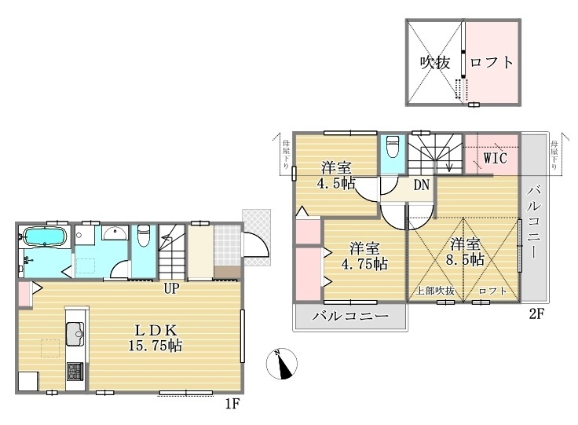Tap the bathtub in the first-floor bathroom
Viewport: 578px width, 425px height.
[x=44, y=236]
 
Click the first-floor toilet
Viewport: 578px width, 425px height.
[x=143, y=236]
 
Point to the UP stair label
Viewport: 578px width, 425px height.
[x=173, y=288]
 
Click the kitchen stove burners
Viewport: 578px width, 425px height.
[x=75, y=370]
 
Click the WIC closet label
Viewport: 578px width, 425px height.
[x=494, y=158]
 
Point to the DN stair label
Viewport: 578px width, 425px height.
[x=422, y=185]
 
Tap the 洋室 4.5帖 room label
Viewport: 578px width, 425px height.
[x=335, y=175]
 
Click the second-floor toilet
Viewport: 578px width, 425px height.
[x=393, y=149]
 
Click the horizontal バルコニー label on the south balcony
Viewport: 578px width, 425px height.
[x=349, y=317]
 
